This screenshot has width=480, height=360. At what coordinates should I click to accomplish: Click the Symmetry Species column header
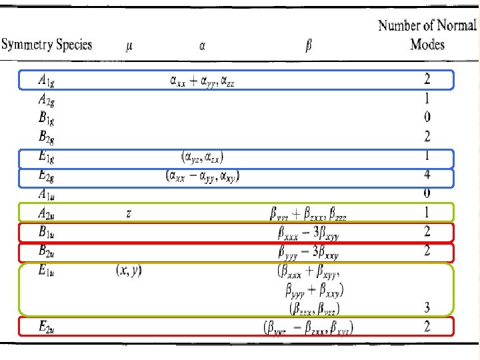(47, 46)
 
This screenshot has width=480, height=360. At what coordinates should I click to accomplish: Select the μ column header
(129, 47)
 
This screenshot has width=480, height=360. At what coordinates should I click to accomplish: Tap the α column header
(202, 47)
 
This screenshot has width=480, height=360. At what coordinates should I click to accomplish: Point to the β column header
(308, 47)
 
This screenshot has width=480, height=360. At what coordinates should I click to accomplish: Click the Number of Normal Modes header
(427, 35)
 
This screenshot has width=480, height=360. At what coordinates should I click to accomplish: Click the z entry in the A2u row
(129, 213)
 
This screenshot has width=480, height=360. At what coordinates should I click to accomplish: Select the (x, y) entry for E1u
(129, 271)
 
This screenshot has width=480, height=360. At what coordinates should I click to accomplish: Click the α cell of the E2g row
(203, 177)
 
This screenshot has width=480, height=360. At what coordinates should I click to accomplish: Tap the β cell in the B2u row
(308, 252)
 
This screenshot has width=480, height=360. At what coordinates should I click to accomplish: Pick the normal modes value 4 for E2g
(427, 177)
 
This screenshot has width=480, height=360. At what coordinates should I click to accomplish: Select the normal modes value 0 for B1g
(427, 118)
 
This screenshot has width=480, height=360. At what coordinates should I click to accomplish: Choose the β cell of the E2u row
(308, 327)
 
